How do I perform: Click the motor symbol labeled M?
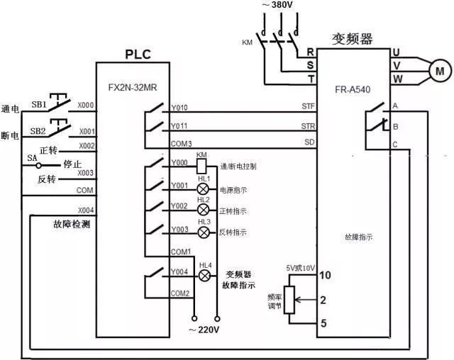439,70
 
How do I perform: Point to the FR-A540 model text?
353,91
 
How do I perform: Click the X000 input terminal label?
86,105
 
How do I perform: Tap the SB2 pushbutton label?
38,131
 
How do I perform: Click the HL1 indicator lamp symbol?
203,190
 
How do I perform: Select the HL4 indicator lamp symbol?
206,276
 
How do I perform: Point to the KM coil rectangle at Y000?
201,165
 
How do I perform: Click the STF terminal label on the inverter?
307,107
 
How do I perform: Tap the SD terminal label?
309,143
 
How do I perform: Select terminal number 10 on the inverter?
326,275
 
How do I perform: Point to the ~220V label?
204,330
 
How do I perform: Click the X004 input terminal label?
86,210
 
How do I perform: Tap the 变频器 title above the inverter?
353,36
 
